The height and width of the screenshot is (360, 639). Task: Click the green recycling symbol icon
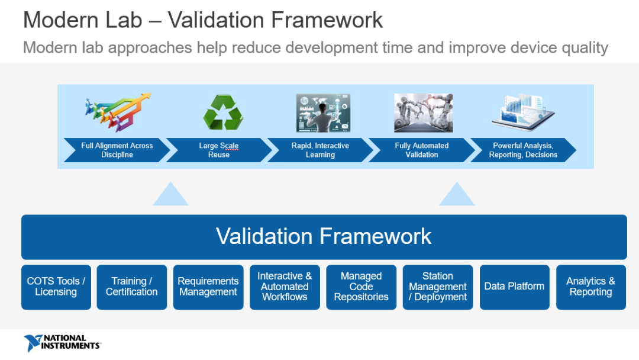coord(223,112)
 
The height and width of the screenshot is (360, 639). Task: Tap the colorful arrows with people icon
coord(118,112)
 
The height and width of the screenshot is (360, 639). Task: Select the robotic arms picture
coord(424,113)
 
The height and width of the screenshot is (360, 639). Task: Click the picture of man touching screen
coord(323,113)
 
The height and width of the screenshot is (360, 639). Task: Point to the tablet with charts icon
coord(523,112)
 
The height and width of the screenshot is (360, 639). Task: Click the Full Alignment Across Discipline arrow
coord(117,150)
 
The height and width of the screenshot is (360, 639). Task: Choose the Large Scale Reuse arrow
coord(219,150)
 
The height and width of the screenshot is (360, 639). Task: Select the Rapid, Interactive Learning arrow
coord(320,150)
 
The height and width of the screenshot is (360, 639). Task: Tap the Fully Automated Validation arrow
coord(422,150)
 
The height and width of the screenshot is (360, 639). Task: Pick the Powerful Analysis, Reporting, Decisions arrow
coord(523,150)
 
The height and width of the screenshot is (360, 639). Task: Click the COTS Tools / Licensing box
coord(56,287)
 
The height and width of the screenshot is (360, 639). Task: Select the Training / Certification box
coord(131,287)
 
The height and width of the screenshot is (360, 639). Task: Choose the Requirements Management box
coord(208,287)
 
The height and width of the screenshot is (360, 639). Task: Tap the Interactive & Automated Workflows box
coord(285,287)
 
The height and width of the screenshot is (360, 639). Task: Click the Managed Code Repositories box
coord(361,287)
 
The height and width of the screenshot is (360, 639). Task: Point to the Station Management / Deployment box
coord(438,287)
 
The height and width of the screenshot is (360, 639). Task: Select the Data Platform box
coord(514,287)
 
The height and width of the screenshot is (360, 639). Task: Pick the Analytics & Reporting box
coord(591,287)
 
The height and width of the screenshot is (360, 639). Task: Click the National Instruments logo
coord(62,343)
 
